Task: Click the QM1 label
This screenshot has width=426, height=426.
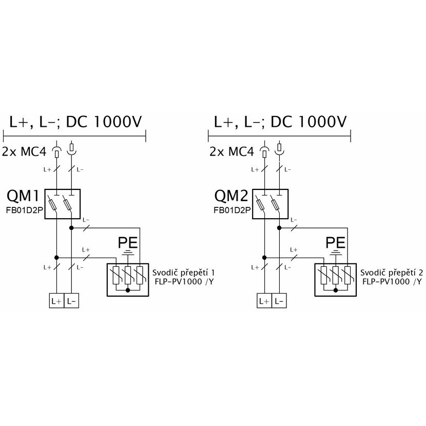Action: [x=23, y=196]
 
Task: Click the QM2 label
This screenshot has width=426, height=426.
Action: [x=231, y=196]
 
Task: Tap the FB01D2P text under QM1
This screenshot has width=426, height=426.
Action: [x=25, y=210]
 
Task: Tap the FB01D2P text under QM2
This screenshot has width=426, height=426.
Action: [x=232, y=210]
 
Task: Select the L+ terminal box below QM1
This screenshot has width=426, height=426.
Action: [x=56, y=301]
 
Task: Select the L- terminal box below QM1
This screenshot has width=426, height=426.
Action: [x=71, y=301]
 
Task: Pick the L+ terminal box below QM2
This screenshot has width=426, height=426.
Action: [x=264, y=301]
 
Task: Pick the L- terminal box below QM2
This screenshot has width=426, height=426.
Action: [x=279, y=301]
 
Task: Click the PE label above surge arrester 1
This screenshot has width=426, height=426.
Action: [x=128, y=243]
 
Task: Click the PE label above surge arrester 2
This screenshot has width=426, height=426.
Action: [x=336, y=243]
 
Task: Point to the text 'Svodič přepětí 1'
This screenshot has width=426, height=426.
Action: [x=183, y=273]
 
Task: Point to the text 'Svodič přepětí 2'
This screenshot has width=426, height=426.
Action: [x=392, y=273]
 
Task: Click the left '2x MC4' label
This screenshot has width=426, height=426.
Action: [x=24, y=151]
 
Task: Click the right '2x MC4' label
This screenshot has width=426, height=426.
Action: [x=232, y=151]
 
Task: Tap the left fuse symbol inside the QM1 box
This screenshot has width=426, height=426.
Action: [x=53, y=204]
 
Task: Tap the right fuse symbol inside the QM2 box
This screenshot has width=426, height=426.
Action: [x=275, y=204]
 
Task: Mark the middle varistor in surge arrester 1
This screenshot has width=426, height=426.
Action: [x=128, y=275]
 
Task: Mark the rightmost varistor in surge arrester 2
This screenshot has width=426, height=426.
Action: [x=347, y=275]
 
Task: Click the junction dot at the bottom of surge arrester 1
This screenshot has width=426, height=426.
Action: [x=128, y=290]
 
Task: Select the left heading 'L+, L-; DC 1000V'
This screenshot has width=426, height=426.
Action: [x=75, y=122]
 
